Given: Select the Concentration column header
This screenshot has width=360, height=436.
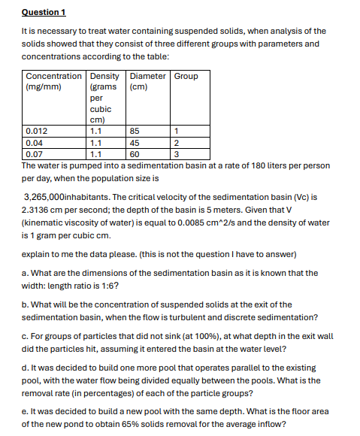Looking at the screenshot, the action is click(53, 76).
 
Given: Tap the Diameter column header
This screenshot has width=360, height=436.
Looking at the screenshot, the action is click(149, 76).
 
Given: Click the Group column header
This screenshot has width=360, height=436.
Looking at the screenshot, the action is click(186, 76).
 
